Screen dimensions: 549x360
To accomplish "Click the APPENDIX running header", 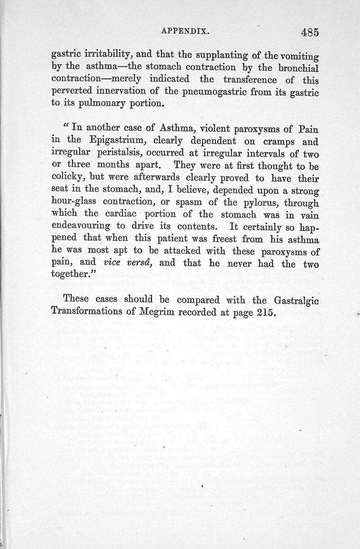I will (186, 32).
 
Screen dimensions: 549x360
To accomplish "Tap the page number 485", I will (304, 32).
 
